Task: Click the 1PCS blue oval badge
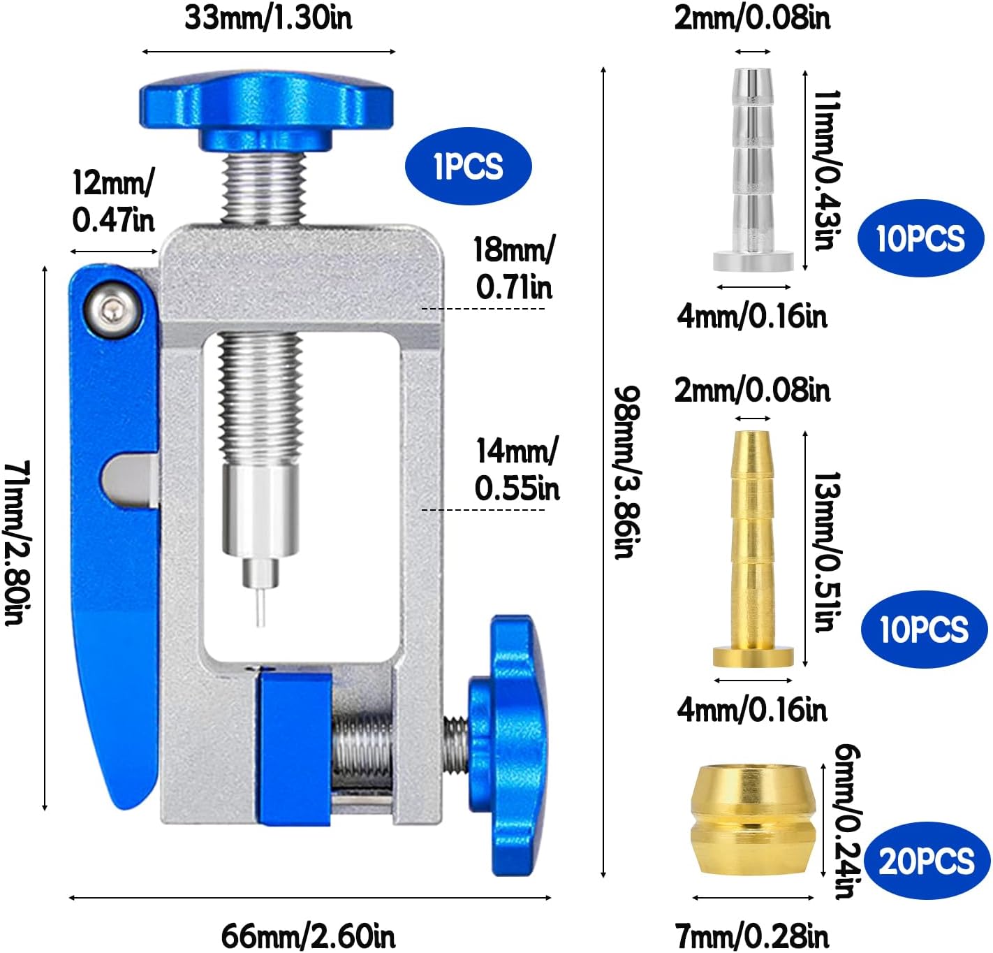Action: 468,166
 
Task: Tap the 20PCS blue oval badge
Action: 927,861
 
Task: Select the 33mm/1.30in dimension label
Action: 268,18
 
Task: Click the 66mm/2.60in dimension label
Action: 308,936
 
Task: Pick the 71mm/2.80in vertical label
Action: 18,542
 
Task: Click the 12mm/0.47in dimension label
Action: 113,201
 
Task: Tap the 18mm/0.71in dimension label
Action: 514,268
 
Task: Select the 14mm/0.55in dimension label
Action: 517,469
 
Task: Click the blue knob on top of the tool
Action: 267,111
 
